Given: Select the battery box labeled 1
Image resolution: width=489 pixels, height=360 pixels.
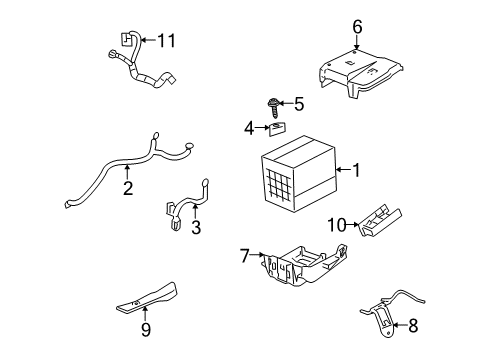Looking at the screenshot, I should [x=297, y=175].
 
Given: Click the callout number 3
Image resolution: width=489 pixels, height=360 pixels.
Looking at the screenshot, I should [x=196, y=227].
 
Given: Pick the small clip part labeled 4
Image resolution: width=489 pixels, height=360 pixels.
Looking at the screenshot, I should [x=277, y=126].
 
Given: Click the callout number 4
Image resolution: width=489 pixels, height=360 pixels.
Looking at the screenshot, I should [x=248, y=127].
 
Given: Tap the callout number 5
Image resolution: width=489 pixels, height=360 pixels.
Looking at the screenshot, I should [x=298, y=103].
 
